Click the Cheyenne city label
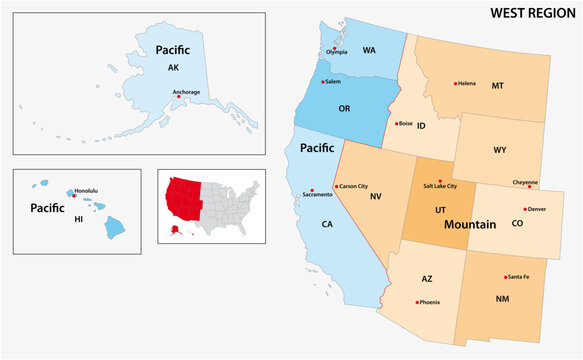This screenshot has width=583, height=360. pos(526,183)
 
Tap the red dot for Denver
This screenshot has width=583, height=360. pos(522,209)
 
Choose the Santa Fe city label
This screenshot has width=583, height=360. pos(518,276)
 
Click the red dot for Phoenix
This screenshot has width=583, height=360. pos(417,301)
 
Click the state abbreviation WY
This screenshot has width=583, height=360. pos(499,151)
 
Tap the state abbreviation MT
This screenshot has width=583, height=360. pos(497,86)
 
